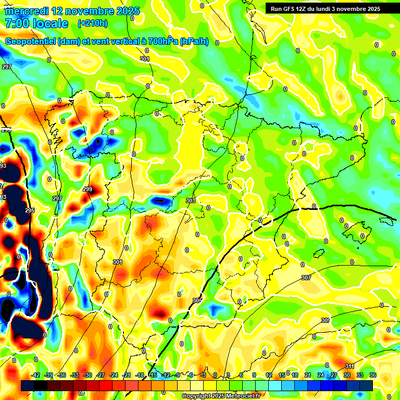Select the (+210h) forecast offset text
click(x=93, y=23)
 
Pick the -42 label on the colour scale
click(x=36, y=375)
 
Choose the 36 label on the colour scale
click(x=373, y=375)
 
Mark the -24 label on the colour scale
click(x=113, y=375)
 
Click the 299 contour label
click(x=87, y=189)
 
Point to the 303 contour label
click(x=191, y=201)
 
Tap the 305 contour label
click(x=197, y=301)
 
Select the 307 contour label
click(x=306, y=278)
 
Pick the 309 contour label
click(x=326, y=320)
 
